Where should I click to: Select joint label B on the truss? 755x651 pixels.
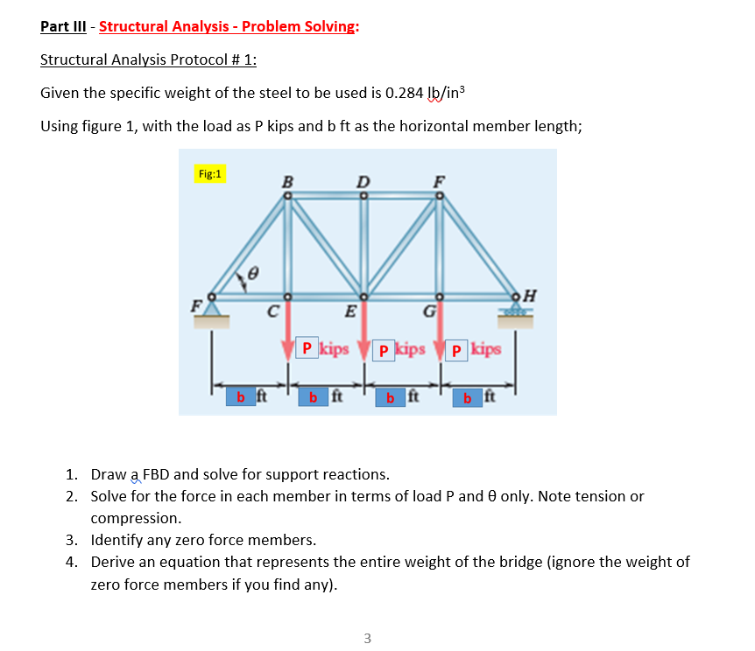coord(286,183)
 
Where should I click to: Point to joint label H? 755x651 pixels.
coord(531,293)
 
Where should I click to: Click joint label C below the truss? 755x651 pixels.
coord(274,311)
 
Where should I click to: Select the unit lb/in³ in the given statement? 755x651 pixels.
coord(456,94)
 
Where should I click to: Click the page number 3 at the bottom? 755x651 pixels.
coord(367,638)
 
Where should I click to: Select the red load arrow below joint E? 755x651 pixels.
coord(364,328)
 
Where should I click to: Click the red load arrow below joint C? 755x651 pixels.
coord(286,328)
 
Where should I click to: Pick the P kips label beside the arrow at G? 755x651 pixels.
coord(473,349)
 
